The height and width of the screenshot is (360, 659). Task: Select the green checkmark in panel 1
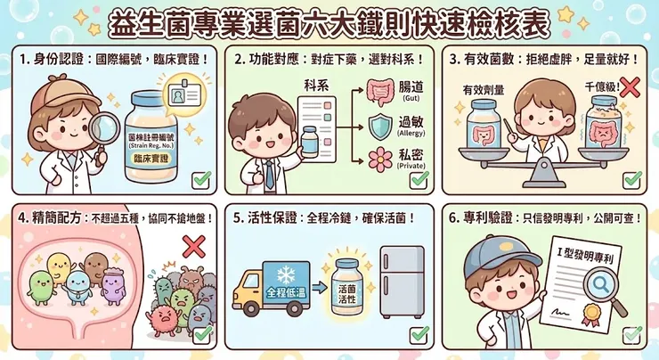coord(201,177)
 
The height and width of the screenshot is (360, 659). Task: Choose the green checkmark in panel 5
coord(419,335)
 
